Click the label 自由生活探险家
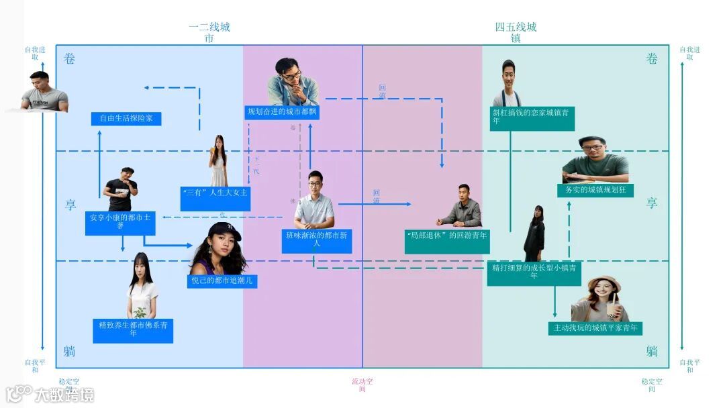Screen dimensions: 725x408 (126, 119)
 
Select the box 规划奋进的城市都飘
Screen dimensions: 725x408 (282, 112)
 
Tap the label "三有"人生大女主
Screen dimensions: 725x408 (215, 193)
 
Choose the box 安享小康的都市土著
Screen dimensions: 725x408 (121, 222)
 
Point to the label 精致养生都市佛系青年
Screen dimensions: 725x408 (133, 329)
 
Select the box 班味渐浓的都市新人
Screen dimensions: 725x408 (316, 239)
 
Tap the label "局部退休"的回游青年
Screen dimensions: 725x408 (447, 236)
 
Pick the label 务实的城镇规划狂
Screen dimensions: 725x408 (595, 190)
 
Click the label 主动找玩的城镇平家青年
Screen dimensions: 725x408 (595, 328)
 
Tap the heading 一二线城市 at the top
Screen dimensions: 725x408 (209, 33)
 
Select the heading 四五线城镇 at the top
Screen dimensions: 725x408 (516, 33)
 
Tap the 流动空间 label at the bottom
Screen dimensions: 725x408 (362, 385)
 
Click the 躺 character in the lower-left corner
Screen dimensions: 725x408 (70, 351)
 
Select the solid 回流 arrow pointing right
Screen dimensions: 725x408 (374, 203)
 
